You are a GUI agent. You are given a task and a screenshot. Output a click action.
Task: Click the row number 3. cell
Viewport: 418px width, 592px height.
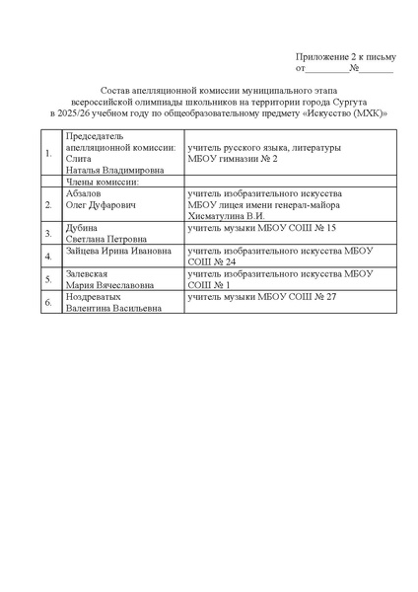pyautogui.click(x=49, y=233)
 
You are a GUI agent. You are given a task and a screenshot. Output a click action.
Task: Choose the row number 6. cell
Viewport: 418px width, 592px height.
pyautogui.click(x=49, y=302)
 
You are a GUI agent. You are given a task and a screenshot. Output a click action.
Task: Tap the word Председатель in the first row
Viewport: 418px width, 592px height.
pyautogui.click(x=92, y=136)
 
